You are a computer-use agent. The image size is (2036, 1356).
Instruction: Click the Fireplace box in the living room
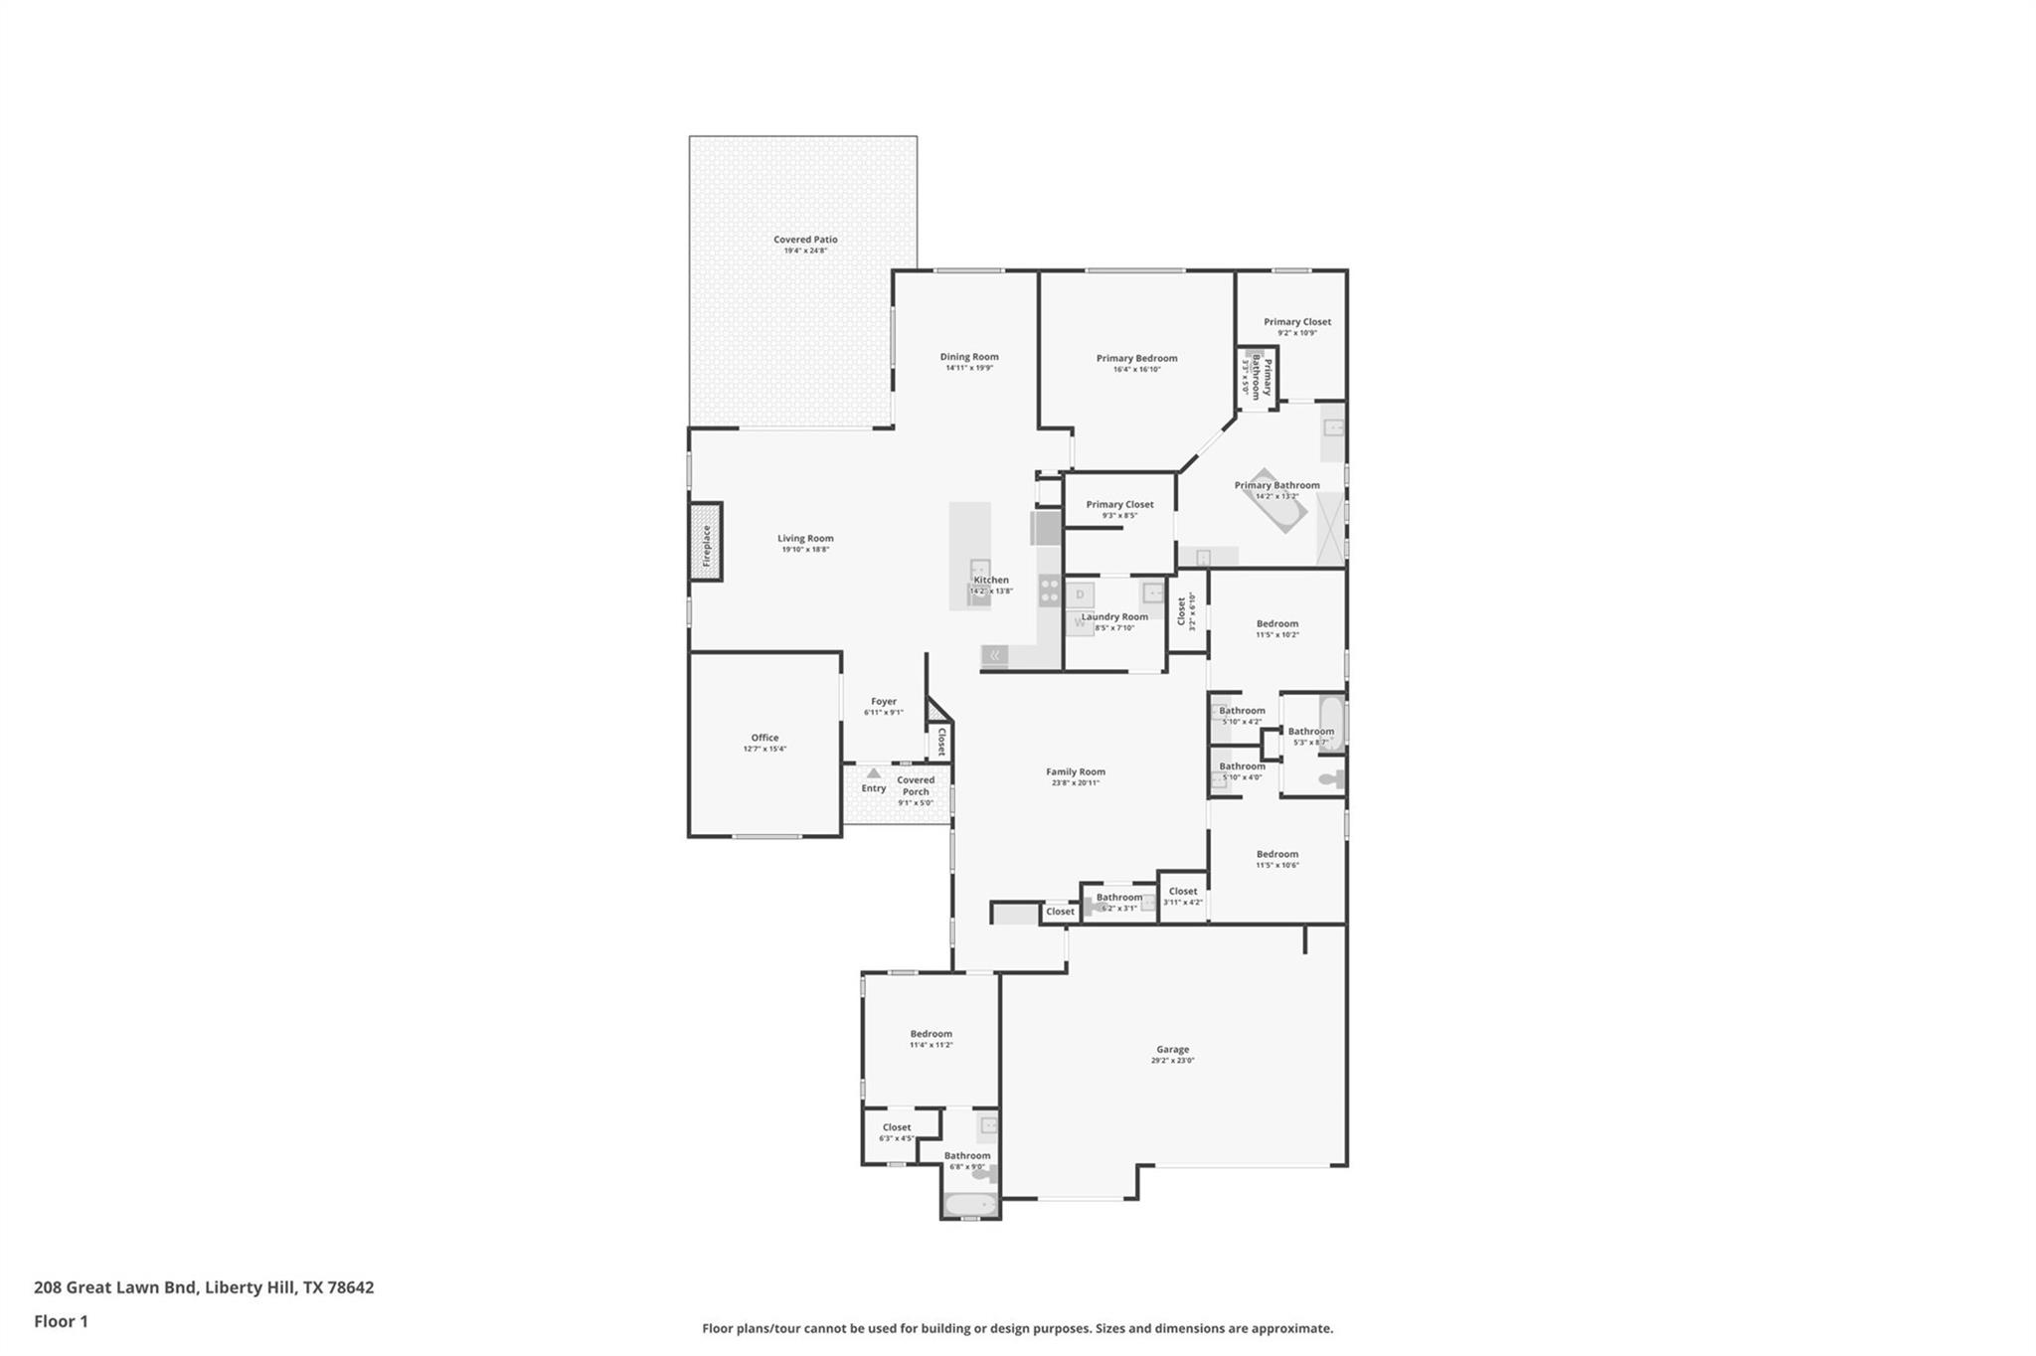click(x=706, y=542)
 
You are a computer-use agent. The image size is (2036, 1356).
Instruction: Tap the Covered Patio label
click(x=805, y=240)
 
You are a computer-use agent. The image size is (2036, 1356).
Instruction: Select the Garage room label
click(x=1172, y=1049)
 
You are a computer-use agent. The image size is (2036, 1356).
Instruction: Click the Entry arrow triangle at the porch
click(x=873, y=772)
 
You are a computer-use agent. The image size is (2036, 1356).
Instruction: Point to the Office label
click(x=764, y=738)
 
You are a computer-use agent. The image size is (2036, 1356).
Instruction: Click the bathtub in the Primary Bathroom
click(x=1277, y=501)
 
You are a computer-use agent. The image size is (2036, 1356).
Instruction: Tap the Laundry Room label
click(x=1114, y=616)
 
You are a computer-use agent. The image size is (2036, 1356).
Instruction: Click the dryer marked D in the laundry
click(x=1081, y=595)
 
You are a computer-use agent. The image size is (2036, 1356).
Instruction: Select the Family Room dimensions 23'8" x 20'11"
click(x=1076, y=783)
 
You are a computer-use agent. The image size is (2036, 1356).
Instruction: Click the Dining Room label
click(x=969, y=357)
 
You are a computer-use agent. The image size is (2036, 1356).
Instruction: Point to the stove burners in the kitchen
click(x=1049, y=591)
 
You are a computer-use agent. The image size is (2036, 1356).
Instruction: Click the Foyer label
click(x=884, y=702)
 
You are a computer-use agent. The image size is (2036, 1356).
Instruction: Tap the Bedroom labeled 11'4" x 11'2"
click(x=931, y=1034)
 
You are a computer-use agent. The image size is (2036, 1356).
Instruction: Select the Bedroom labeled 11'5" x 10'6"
click(x=1277, y=854)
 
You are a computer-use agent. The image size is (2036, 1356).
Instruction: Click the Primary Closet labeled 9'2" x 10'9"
click(x=1297, y=322)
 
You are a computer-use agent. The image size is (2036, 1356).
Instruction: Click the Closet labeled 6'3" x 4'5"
click(x=897, y=1127)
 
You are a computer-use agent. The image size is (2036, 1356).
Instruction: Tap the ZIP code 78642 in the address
click(x=350, y=1287)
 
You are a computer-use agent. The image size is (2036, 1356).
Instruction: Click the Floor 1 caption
click(x=61, y=1321)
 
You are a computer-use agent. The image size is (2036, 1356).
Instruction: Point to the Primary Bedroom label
click(x=1136, y=358)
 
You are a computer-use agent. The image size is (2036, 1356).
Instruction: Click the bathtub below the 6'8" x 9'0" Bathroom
click(x=969, y=1205)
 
